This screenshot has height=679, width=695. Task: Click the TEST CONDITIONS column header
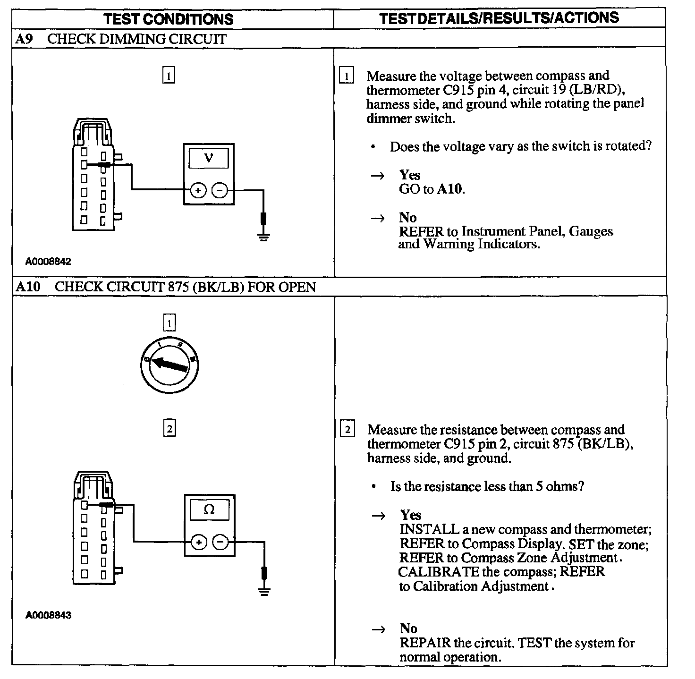[168, 19]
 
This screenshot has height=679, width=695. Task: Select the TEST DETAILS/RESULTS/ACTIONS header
[499, 18]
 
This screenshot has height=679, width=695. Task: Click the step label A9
[24, 39]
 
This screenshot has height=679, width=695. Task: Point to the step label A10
[28, 287]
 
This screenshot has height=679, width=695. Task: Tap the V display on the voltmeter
[209, 158]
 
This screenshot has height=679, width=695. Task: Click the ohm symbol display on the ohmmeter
[209, 509]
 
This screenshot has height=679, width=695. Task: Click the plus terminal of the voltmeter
[198, 190]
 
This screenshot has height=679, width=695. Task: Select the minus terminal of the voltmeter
[220, 190]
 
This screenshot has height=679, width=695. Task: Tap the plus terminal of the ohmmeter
[199, 542]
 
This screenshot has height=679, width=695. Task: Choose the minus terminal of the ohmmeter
[220, 542]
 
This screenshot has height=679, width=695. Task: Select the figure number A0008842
[49, 262]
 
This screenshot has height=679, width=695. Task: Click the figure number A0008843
[49, 615]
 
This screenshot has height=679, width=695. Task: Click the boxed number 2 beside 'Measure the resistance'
[347, 430]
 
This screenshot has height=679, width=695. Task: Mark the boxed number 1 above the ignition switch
[169, 323]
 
